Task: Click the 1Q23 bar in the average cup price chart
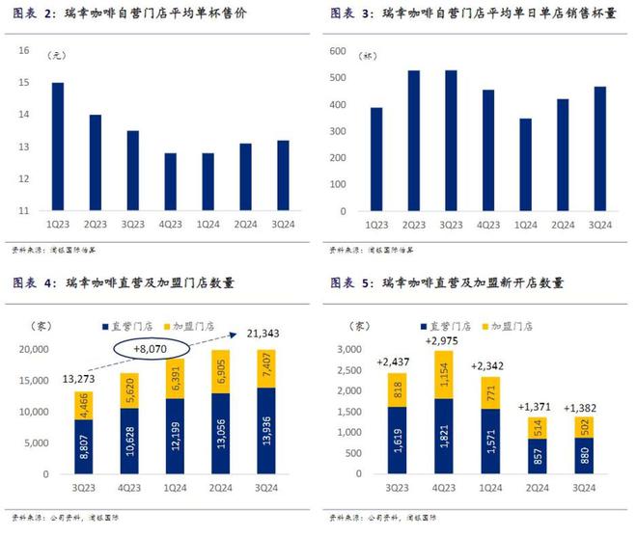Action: coord(58,147)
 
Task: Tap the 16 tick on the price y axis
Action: coord(23,51)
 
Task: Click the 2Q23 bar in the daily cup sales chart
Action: coord(413,141)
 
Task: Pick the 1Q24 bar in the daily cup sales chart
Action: coord(525,165)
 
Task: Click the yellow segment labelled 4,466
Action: coord(85,405)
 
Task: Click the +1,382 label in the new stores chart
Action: coord(584,407)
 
